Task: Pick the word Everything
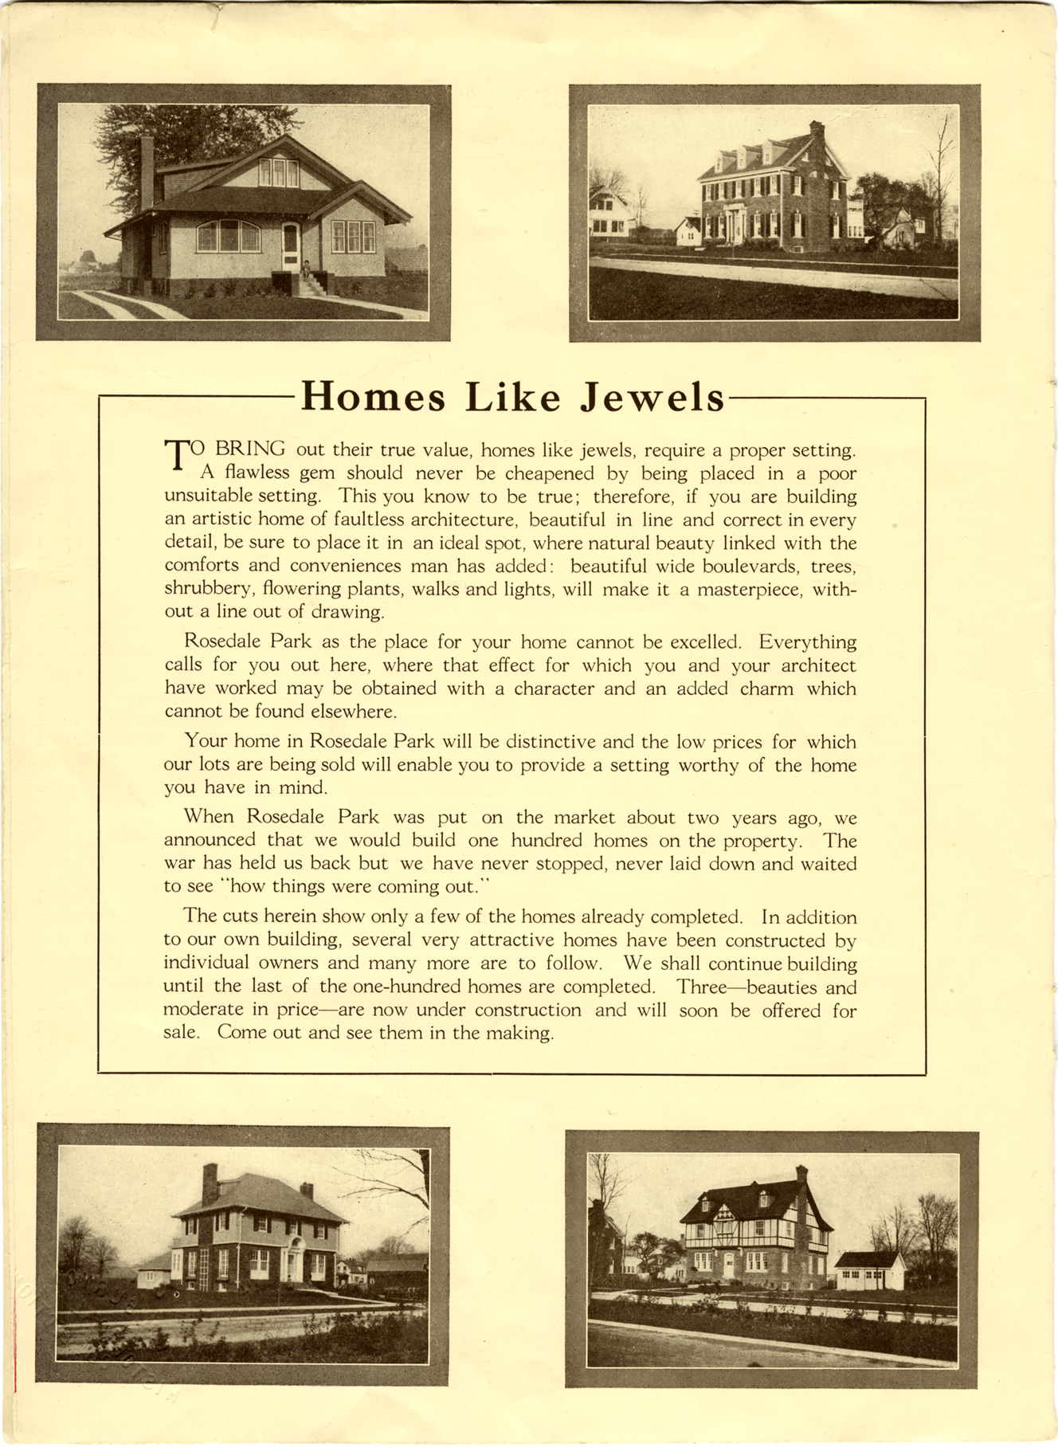pos(807,642)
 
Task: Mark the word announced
pos(210,840)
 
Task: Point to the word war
pos(179,863)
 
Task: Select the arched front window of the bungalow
pos(228,236)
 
